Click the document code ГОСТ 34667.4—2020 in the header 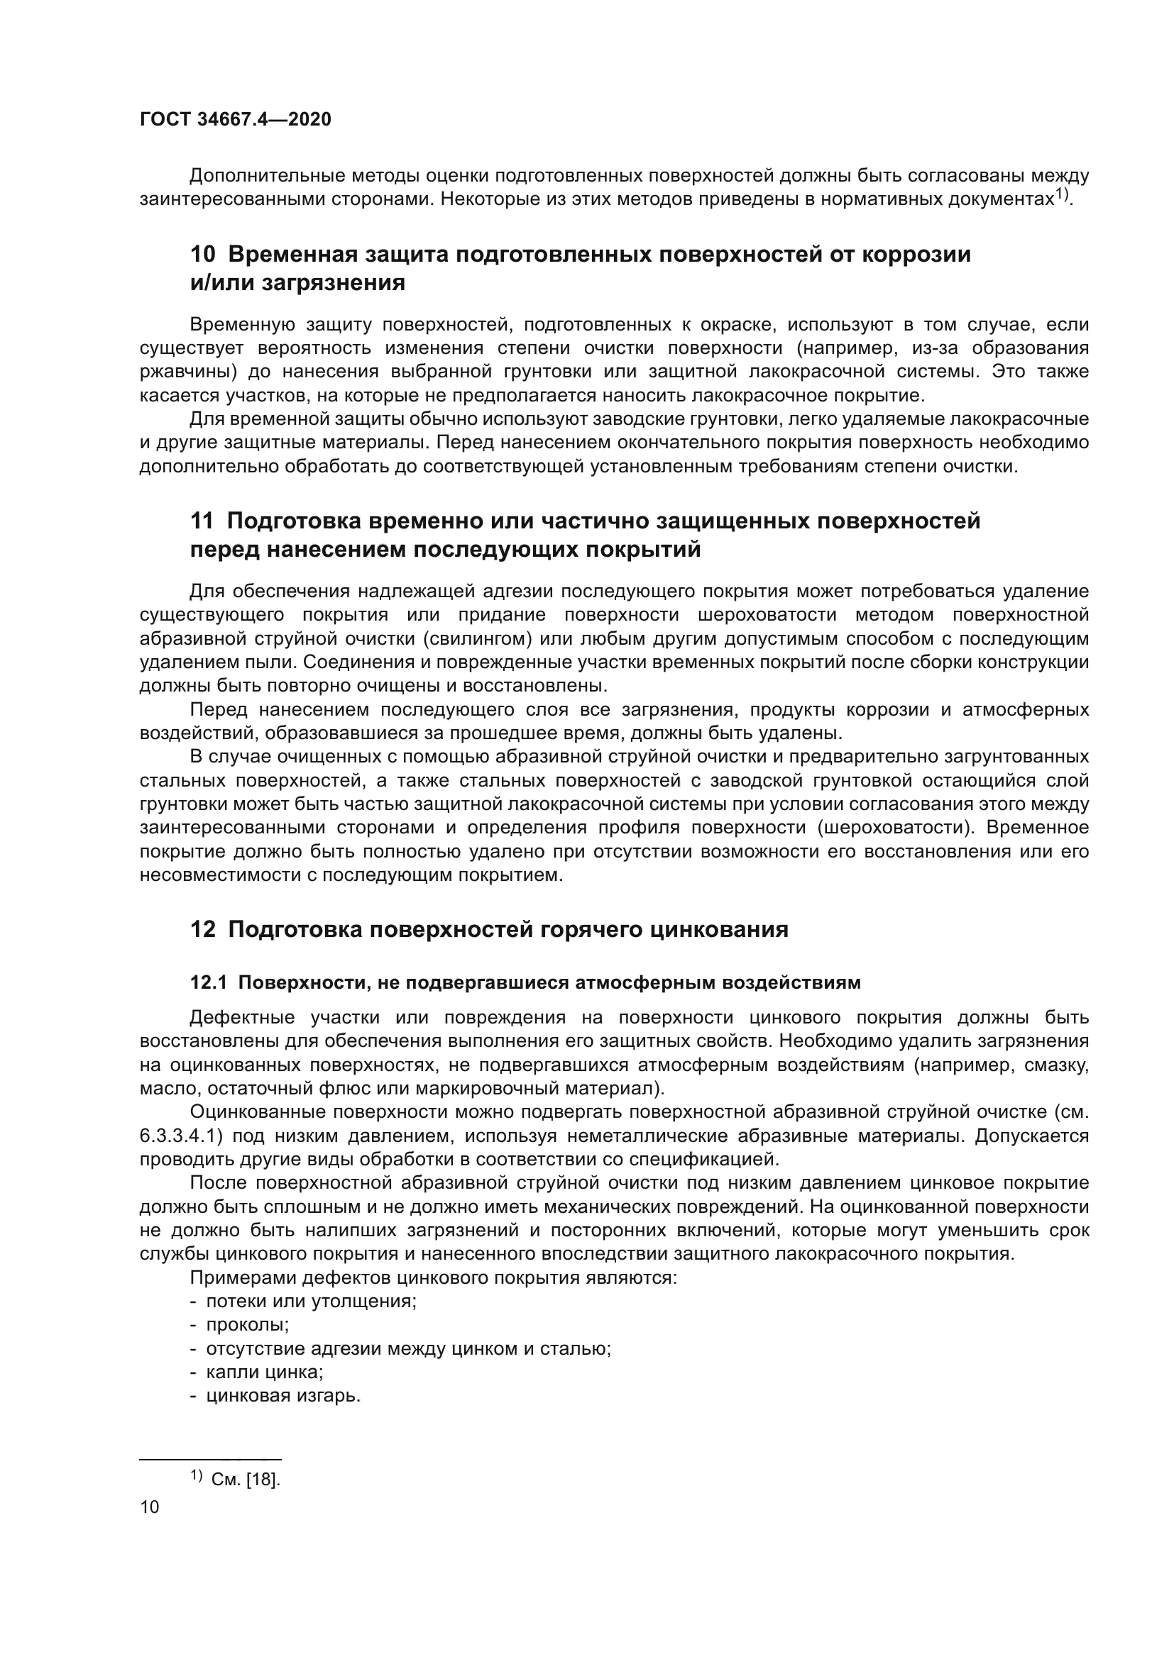click(235, 119)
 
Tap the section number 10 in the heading click(202, 255)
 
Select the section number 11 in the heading click(202, 521)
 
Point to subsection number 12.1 click(208, 982)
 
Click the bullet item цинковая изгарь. click(283, 1396)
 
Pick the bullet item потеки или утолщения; click(311, 1302)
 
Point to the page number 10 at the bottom click(150, 1507)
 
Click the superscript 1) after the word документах click(1060, 194)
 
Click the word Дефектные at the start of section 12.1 click(242, 1018)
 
